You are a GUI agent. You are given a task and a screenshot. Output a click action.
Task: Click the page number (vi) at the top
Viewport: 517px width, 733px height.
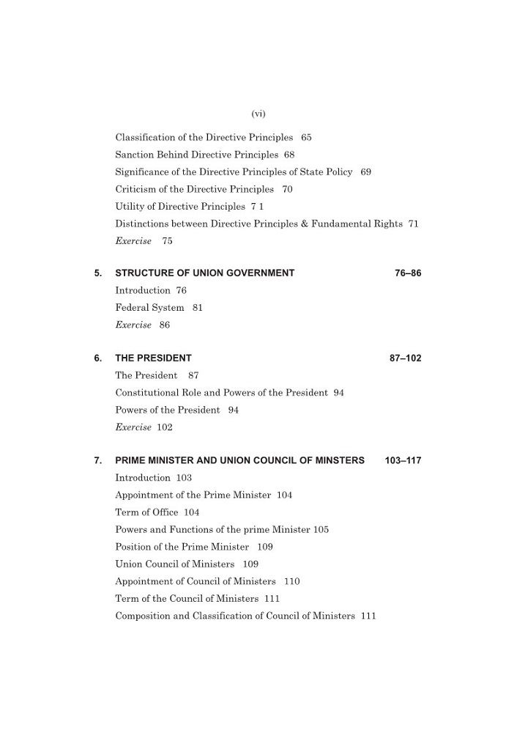tap(258, 113)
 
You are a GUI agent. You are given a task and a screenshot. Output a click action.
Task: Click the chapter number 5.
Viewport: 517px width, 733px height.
tap(97, 273)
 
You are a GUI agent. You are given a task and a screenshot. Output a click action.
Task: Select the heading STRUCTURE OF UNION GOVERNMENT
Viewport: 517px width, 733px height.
tap(204, 273)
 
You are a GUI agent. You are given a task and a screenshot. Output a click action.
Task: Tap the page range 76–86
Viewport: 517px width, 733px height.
tap(408, 273)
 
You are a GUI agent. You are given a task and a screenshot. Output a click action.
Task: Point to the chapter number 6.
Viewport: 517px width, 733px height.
tap(97, 358)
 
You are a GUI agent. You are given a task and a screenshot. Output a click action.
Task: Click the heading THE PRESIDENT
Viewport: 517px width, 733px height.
tap(153, 358)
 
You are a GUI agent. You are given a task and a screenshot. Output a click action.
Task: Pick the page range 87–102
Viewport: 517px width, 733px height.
tap(405, 358)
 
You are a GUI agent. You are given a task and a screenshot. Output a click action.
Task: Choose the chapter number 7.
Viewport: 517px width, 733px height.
tap(97, 461)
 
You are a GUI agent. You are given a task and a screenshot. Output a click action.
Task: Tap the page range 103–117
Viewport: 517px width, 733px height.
tap(402, 461)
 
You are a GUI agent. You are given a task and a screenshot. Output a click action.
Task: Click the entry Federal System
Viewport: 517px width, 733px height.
tap(149, 308)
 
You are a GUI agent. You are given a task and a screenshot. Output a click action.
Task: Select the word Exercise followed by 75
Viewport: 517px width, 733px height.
tap(133, 241)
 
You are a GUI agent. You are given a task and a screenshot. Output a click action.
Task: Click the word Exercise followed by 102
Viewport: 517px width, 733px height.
tap(133, 427)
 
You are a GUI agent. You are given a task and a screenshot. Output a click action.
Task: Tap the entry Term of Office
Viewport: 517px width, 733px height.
tap(146, 512)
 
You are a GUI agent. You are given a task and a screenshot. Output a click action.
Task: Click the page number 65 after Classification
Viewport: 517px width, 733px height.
tap(306, 137)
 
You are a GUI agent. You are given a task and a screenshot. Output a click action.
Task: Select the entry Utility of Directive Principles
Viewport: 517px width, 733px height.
tap(179, 207)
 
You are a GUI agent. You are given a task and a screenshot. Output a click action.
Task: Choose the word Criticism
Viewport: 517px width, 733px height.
tap(136, 189)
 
